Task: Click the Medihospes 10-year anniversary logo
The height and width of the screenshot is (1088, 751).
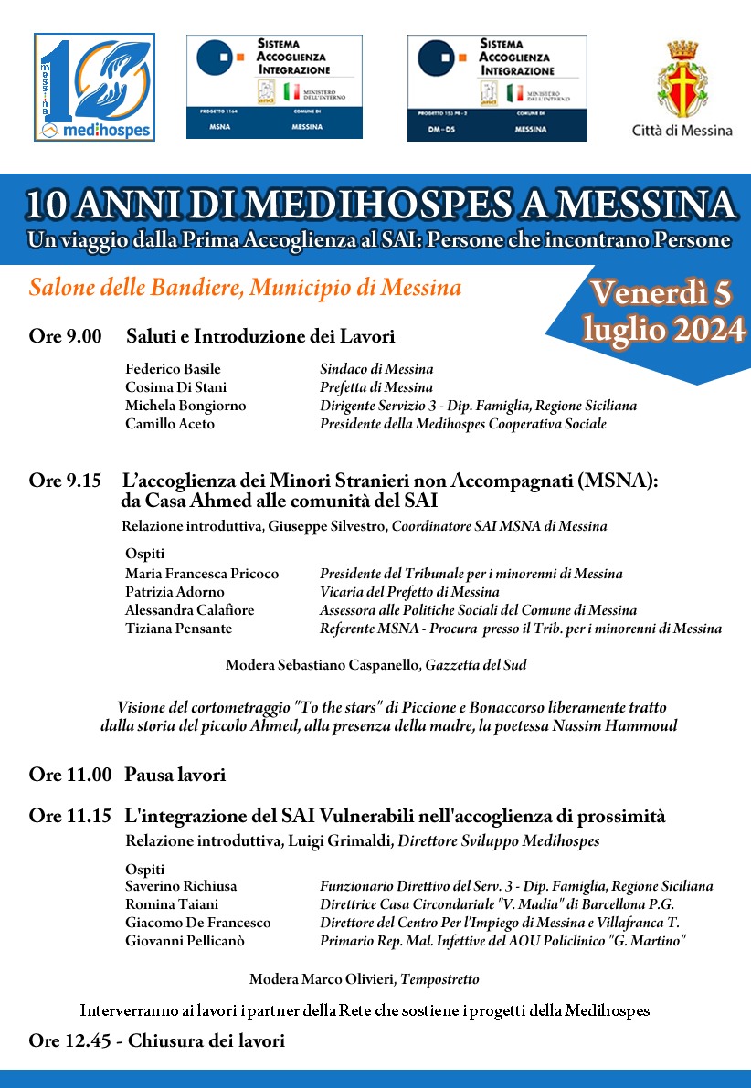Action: coord(94,88)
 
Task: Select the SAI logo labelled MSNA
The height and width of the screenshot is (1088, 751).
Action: coord(274,87)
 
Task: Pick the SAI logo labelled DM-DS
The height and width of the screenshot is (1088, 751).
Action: coord(497,88)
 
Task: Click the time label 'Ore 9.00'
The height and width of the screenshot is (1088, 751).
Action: coord(66,337)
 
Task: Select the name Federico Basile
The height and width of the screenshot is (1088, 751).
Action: coord(173,369)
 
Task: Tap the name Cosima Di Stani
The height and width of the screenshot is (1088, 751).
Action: coord(175,387)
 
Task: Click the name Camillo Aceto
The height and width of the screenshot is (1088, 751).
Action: coord(170,424)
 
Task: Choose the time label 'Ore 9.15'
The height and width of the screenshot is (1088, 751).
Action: coord(66,481)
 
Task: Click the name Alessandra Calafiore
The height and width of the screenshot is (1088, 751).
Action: coord(190,610)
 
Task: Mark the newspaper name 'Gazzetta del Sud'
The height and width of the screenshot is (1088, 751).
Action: coord(475,665)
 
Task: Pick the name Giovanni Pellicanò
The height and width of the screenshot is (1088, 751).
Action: coord(185,941)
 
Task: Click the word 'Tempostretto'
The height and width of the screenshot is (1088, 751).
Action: coord(439,979)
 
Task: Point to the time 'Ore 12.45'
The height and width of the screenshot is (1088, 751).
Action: coord(70,1040)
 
